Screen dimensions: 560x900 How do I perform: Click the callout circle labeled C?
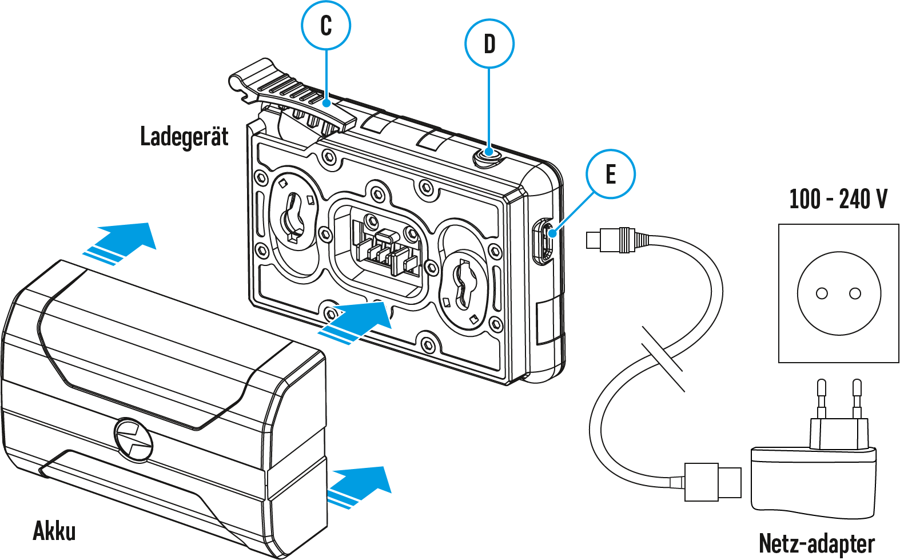point(326,26)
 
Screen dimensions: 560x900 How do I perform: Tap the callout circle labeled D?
point(489,43)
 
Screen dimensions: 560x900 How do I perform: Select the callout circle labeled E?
point(611,174)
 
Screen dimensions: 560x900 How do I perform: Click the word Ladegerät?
point(184,137)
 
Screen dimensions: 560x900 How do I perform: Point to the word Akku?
point(54,531)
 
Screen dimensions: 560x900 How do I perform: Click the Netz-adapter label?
point(817,543)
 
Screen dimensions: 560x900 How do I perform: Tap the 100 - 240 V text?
point(838,199)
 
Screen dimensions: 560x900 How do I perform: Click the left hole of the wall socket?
point(822,293)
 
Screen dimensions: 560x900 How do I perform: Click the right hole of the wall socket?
point(855,293)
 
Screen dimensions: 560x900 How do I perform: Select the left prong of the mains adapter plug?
point(822,398)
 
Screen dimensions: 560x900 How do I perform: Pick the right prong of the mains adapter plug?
point(857,398)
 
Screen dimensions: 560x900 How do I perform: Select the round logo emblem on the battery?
point(134,439)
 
